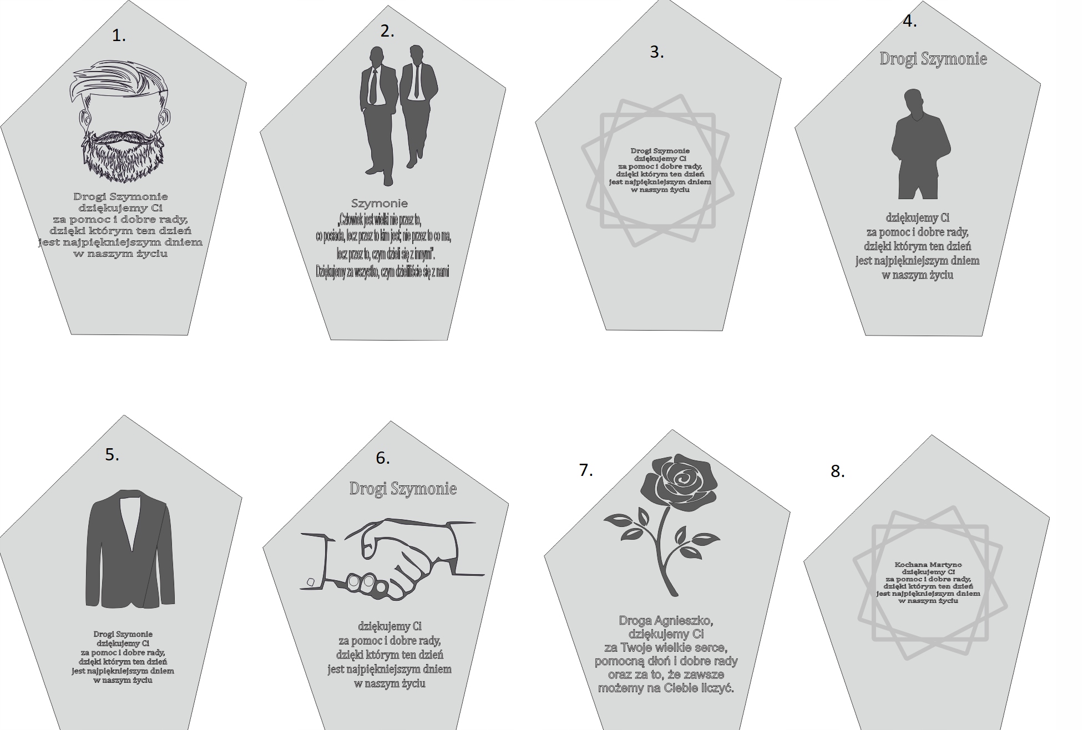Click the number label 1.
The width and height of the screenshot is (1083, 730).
[x=119, y=36]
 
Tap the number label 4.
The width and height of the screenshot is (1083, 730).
[x=910, y=22]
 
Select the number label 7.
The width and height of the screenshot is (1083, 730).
[x=586, y=470]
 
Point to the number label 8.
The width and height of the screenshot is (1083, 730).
[x=837, y=472]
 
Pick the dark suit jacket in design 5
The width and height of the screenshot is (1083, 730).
[x=131, y=549]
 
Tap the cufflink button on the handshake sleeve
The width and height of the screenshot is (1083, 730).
[x=311, y=582]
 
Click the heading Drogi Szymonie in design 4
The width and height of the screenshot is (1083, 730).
[x=933, y=59]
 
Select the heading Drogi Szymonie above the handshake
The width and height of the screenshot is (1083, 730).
[x=403, y=489]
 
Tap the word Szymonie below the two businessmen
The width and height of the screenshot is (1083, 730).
[x=379, y=204]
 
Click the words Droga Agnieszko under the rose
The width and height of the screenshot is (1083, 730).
[x=666, y=621]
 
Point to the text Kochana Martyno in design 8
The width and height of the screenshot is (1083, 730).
[x=928, y=565]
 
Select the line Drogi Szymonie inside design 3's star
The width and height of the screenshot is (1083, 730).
[x=660, y=151]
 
